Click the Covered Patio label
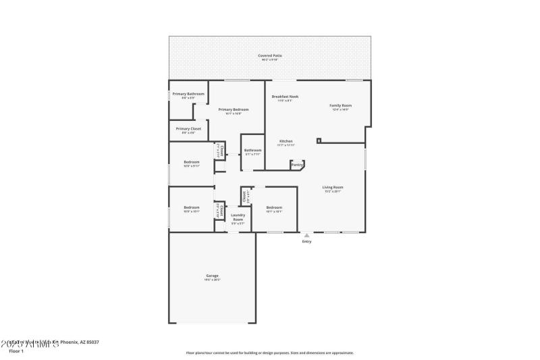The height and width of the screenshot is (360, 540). tap(270, 55)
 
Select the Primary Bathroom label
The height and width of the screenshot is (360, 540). tap(188, 94)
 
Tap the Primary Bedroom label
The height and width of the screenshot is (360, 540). tap(234, 109)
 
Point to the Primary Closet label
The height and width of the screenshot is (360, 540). tap(188, 128)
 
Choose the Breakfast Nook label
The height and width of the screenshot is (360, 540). tap(285, 97)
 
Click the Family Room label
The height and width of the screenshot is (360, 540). tap(340, 105)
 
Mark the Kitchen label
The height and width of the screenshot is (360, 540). tap(286, 141)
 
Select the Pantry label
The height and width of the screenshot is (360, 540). tap(296, 164)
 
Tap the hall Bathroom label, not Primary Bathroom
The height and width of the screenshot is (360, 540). tap(252, 150)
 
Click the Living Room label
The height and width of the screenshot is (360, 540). tap(332, 187)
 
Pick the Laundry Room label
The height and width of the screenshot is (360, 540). tap(238, 217)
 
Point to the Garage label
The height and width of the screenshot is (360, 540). tap(213, 276)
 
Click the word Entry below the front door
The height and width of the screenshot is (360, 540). tap(306, 241)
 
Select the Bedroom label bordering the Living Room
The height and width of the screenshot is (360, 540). tap(273, 207)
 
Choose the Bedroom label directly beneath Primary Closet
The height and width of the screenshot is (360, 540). tap(192, 161)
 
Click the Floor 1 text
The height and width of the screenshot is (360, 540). tap(16, 351)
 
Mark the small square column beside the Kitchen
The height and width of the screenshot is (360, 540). tap(319, 141)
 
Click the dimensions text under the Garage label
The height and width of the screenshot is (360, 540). tap(213, 280)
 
